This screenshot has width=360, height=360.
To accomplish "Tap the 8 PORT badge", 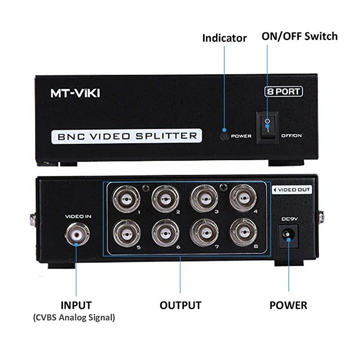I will (283, 91).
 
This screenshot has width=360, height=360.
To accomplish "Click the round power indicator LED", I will (224, 135).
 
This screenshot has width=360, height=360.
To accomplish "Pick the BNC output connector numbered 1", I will (123, 197).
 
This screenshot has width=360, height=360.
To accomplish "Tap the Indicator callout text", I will (224, 38).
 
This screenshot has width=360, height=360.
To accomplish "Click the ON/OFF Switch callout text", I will (299, 36).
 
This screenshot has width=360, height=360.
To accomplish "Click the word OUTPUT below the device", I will (180, 305).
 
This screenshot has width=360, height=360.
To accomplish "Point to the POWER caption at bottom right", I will (288, 305).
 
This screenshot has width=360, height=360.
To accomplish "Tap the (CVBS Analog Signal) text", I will (74, 318).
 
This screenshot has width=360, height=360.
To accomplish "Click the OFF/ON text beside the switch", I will (291, 135).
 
